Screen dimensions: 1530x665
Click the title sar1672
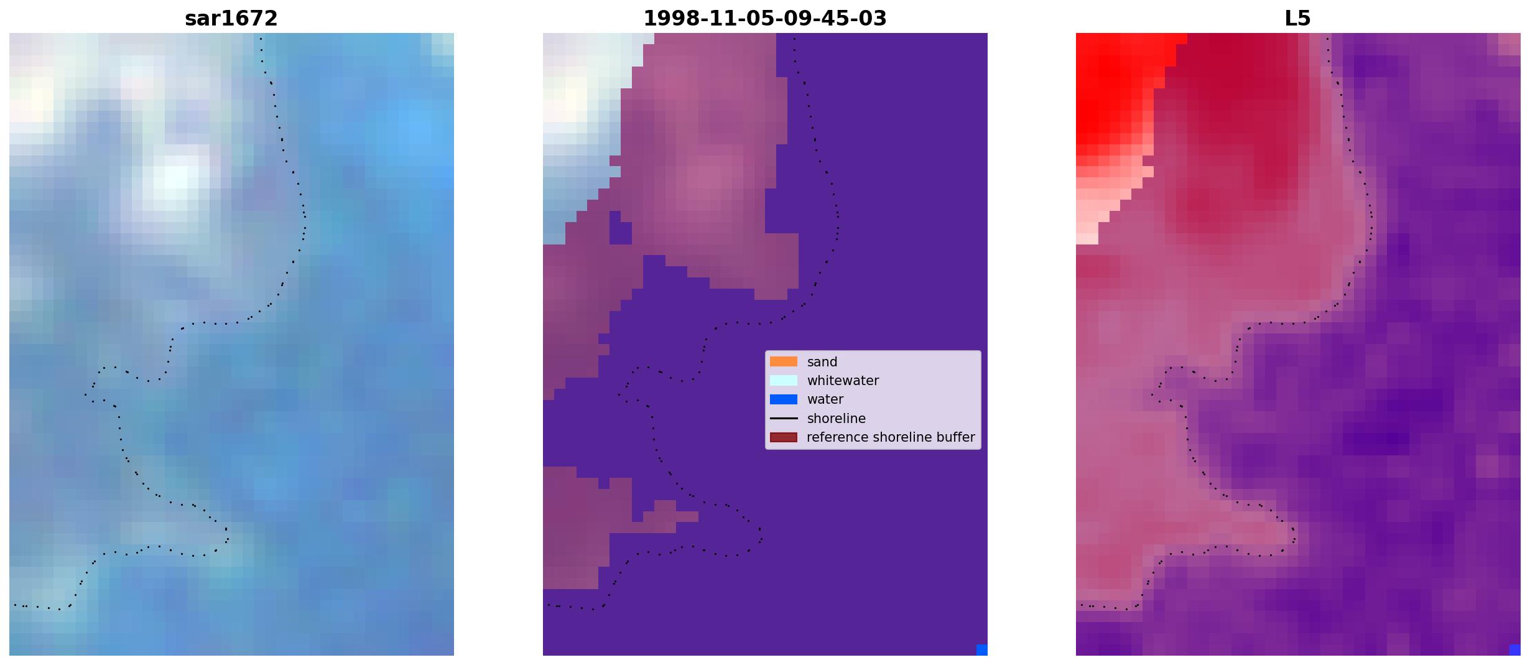[231, 19]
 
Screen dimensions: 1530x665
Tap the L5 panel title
[1297, 19]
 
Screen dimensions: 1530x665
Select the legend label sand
[822, 362]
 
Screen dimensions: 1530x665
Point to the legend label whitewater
[843, 381]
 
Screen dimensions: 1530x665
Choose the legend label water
[825, 399]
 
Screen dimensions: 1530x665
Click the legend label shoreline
[836, 419]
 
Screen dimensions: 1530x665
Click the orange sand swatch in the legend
[784, 361]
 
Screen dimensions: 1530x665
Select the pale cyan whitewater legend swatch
[784, 380]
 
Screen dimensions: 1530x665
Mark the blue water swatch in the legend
[784, 399]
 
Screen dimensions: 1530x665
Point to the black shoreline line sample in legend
[784, 419]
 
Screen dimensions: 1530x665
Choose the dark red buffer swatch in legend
[784, 437]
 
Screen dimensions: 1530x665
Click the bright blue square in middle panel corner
[982, 650]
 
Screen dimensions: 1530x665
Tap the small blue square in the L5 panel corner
[1515, 650]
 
